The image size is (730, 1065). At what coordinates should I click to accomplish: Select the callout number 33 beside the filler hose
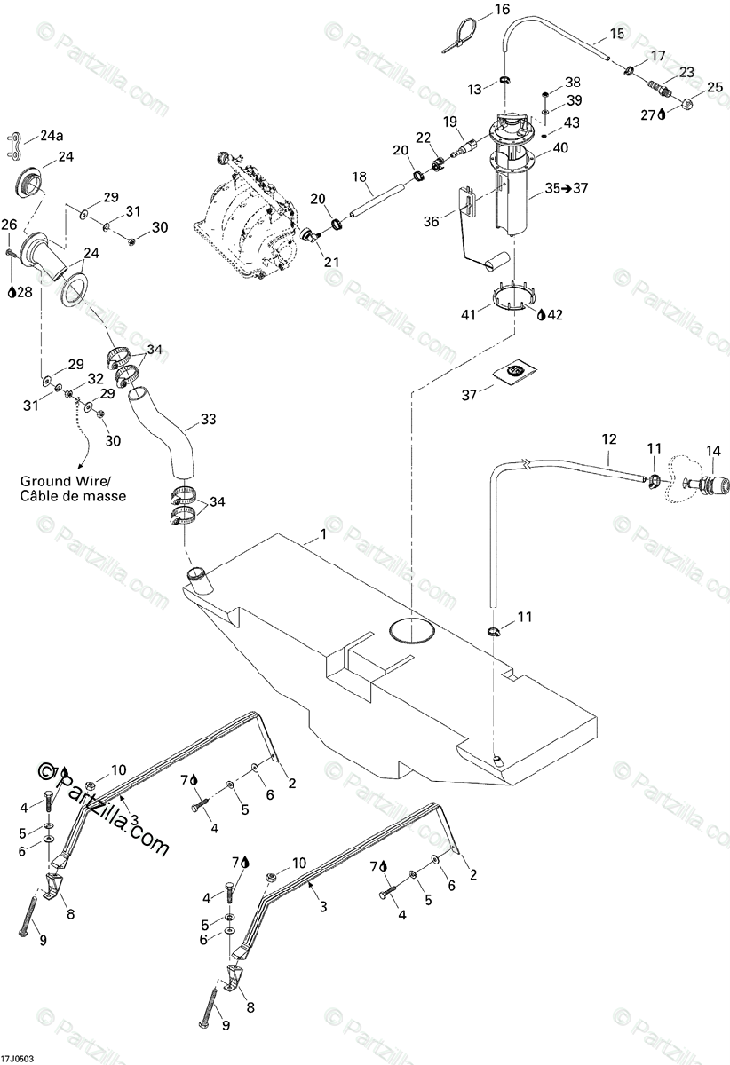209,418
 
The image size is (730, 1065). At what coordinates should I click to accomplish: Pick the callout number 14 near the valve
712,450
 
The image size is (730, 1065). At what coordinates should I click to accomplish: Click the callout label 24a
52,137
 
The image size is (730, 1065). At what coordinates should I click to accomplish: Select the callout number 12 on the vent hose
608,438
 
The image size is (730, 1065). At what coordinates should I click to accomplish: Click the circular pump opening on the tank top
413,628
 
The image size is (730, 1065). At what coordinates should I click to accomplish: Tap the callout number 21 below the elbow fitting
332,262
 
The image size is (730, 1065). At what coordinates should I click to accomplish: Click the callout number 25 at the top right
715,87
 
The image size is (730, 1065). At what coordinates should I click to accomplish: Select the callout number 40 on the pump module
559,148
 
